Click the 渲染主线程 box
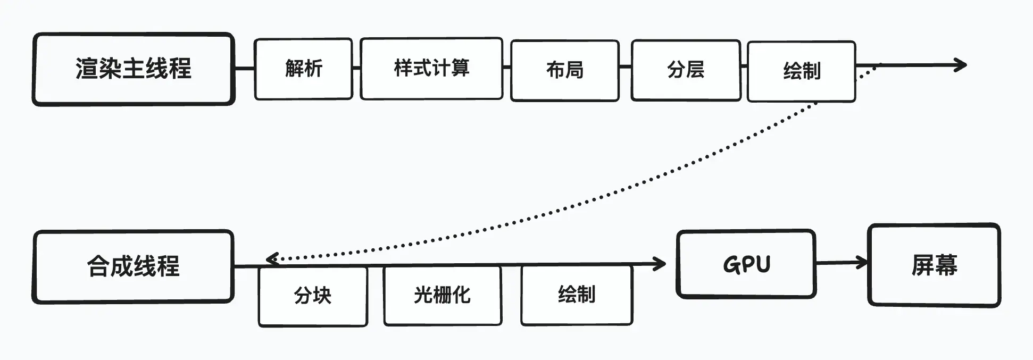point(134,69)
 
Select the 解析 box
point(303,69)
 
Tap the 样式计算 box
point(431,69)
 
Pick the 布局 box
point(564,70)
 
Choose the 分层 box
point(686,70)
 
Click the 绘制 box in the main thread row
point(801,71)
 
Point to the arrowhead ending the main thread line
point(962,65)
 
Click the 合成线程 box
point(134,266)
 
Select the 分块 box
point(313,296)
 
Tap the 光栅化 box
point(442,295)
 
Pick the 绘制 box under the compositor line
point(577,295)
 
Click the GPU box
point(746,264)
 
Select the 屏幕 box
point(934,265)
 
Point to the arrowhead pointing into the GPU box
point(661,263)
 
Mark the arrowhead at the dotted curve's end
point(270,259)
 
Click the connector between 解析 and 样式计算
point(356,68)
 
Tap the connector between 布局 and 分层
point(625,67)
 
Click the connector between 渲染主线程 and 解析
point(245,68)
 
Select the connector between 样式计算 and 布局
point(506,67)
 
